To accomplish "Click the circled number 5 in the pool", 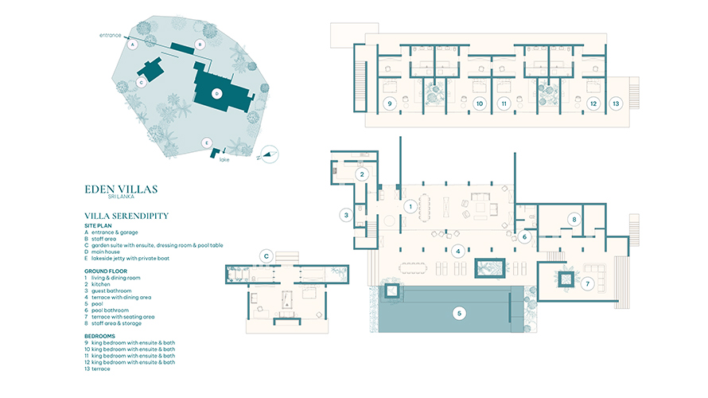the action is tap(459, 313).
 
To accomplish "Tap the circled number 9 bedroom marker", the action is tap(390, 103).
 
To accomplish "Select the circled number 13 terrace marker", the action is tap(616, 103).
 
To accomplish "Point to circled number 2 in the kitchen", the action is tap(362, 174).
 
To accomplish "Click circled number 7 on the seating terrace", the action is tap(587, 283).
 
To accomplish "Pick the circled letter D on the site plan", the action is tap(217, 94).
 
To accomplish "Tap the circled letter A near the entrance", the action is tap(132, 45).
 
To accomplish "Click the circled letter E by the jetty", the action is tap(206, 143).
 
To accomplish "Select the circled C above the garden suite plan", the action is tap(266, 256).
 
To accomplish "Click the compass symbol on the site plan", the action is tap(269, 154).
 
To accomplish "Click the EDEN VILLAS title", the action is tap(121, 189).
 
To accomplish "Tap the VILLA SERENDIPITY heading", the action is tap(126, 216).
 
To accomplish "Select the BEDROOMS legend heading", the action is tap(99, 336).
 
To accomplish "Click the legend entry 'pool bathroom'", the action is tap(110, 310).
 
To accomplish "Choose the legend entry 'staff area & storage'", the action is tap(116, 323).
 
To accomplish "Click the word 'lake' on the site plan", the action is tap(224, 159).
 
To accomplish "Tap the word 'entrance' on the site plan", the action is tap(110, 35).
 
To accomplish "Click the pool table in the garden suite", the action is tap(286, 299).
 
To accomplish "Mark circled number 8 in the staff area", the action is tap(574, 220).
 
